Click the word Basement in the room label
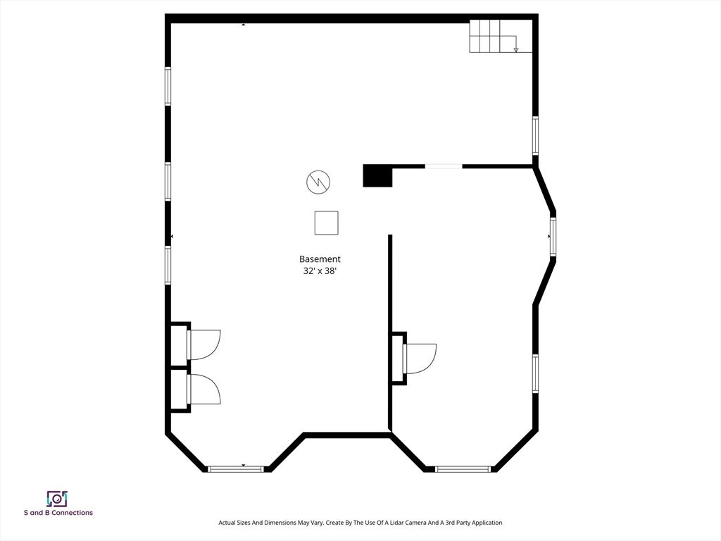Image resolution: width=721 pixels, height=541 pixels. tap(320, 259)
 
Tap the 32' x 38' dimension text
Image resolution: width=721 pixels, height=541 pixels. tap(320, 270)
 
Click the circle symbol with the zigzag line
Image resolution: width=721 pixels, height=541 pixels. tap(318, 182)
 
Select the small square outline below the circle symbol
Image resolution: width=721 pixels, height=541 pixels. tap(326, 223)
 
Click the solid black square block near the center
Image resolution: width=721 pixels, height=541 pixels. tap(377, 175)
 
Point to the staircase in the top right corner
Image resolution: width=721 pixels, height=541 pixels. tap(493, 36)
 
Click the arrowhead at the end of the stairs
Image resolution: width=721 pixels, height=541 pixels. tap(516, 49)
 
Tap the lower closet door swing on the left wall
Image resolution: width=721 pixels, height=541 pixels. tap(205, 390)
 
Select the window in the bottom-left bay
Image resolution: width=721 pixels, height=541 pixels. tap(236, 468)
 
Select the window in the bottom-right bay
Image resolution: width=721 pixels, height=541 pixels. tap(463, 468)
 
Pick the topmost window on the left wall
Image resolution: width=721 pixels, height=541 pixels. tap(168, 86)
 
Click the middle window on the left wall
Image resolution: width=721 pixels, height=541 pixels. tap(168, 181)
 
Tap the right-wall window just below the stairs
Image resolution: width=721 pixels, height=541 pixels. tap(535, 136)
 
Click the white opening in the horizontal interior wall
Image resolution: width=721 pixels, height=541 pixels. tap(444, 166)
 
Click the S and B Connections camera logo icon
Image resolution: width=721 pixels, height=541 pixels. tap(57, 499)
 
